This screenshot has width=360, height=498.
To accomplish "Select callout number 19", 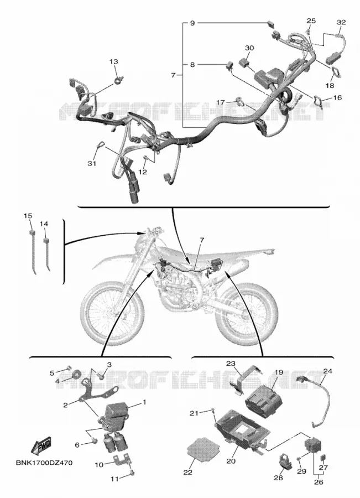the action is [x=278, y=372].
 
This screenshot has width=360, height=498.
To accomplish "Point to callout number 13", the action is [x=114, y=61].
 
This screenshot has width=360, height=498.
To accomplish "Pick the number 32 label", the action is [x=341, y=22].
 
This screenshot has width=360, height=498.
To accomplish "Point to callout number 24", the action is [x=327, y=371].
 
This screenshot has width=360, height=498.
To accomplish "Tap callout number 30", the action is [x=249, y=48].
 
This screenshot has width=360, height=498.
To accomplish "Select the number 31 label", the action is [x=92, y=164].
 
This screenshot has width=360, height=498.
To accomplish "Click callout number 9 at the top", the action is [x=192, y=23].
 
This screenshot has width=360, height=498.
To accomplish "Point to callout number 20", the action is [x=231, y=460].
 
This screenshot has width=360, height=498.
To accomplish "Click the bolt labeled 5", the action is [x=68, y=369].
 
